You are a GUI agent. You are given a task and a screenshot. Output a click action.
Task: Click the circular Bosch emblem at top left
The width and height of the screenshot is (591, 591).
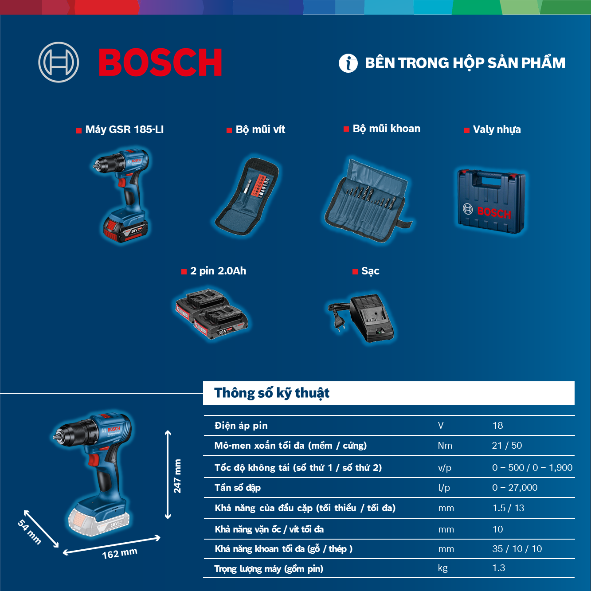(59, 62)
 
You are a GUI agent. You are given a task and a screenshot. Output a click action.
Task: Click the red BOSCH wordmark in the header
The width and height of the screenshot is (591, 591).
(160, 62)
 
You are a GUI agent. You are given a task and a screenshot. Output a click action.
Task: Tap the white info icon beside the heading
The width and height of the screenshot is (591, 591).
(348, 63)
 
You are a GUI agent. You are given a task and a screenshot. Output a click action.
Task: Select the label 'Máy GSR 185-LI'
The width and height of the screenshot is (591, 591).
(125, 129)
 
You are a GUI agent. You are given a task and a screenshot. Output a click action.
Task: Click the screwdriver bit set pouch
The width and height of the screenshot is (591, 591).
(247, 196)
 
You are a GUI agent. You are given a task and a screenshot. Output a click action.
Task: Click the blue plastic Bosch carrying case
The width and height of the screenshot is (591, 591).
(491, 201)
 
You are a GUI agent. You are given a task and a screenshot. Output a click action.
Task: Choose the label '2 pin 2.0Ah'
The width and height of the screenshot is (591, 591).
(218, 271)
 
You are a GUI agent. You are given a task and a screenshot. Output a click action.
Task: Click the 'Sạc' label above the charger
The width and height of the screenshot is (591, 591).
(370, 271)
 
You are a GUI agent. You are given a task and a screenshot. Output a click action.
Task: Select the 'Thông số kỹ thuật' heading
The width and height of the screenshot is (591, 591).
(272, 393)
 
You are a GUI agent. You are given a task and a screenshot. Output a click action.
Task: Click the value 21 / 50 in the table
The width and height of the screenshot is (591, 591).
(507, 445)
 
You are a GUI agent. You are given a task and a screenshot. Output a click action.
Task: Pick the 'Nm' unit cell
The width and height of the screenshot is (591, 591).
(445, 445)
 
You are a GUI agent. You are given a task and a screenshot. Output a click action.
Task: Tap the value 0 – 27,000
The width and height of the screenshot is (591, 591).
(515, 488)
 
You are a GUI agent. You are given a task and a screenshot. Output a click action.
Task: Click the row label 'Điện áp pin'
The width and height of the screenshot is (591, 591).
(241, 425)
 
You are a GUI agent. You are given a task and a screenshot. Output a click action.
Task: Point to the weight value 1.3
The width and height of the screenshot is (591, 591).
(499, 568)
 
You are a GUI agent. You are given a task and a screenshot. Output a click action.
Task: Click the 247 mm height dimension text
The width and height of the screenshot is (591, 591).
(177, 476)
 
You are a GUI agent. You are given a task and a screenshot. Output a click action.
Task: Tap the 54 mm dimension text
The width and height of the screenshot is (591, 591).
(29, 532)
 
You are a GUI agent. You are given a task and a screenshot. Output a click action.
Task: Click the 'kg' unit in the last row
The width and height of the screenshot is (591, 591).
(442, 568)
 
